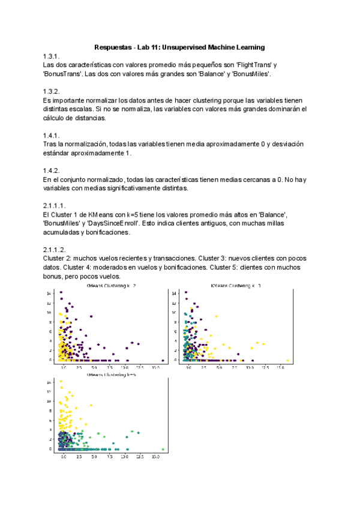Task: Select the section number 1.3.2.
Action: (x=53, y=91)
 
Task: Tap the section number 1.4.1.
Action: (x=53, y=135)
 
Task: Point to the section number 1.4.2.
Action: (x=53, y=170)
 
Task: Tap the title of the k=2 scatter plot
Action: (x=112, y=286)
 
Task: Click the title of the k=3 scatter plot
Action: (x=236, y=286)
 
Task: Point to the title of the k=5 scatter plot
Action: (x=112, y=375)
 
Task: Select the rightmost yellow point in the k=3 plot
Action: (x=287, y=361)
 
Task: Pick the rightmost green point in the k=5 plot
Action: (x=163, y=449)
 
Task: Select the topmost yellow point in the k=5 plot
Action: (x=61, y=381)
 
